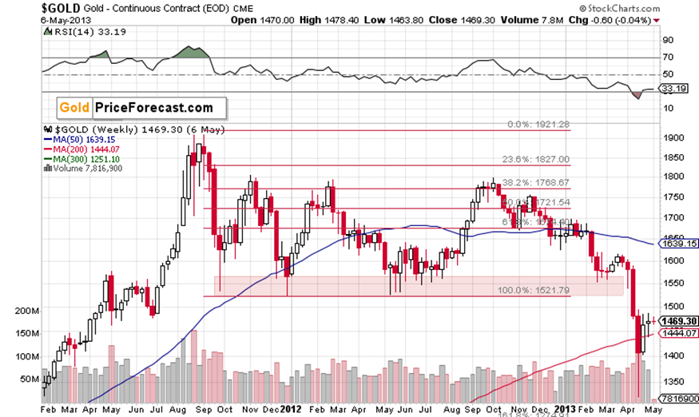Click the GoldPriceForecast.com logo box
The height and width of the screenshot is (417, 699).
[139, 107]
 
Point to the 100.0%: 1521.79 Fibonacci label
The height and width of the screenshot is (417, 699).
[536, 290]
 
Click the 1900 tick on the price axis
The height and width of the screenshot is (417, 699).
[673, 137]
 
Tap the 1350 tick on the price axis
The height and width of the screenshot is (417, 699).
[673, 381]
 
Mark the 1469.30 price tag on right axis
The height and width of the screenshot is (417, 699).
[676, 320]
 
